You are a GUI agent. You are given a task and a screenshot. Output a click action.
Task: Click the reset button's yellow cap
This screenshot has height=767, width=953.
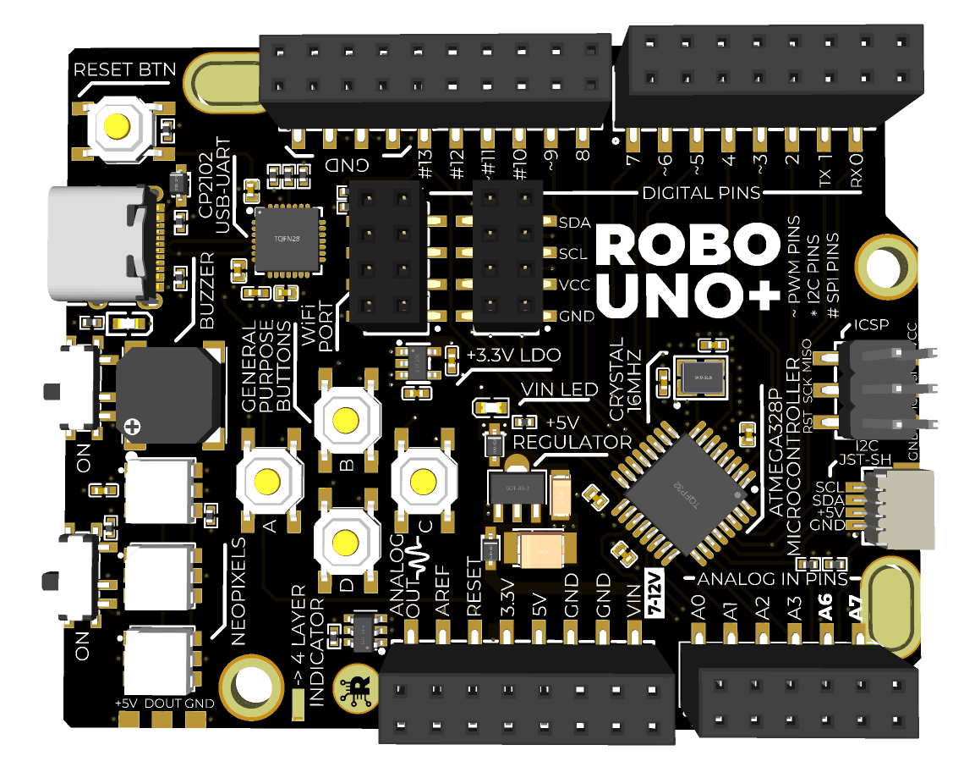click(x=117, y=127)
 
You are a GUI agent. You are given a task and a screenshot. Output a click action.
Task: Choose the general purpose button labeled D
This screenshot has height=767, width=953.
click(x=346, y=541)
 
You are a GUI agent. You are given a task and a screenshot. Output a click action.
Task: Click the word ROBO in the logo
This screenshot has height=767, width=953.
click(x=686, y=246)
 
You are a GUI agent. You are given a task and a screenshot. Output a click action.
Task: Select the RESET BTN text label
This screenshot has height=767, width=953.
click(x=124, y=69)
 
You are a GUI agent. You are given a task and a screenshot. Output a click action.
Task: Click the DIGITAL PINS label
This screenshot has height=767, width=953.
click(x=701, y=193)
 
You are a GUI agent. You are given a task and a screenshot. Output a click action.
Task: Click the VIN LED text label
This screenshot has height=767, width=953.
click(x=559, y=389)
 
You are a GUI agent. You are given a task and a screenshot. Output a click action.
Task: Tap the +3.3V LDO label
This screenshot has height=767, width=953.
click(x=513, y=355)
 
